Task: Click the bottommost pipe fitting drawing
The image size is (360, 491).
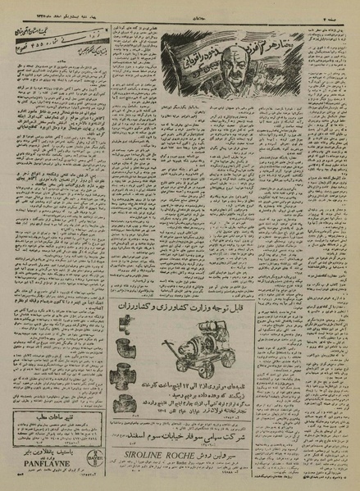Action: [x=125, y=402]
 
